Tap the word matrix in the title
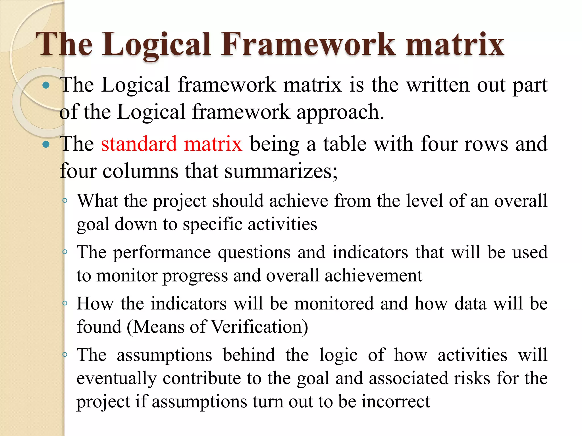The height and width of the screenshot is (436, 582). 455,44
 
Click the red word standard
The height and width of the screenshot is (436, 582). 139,144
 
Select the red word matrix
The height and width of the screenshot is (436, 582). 213,144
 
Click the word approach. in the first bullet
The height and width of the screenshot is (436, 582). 340,112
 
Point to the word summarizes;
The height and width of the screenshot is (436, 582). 281,171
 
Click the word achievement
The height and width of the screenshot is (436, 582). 373,276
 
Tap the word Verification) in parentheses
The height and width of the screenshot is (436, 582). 260,327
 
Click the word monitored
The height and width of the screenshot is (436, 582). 334,304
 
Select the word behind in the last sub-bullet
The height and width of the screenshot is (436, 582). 249,355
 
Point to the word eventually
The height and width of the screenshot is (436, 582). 117,379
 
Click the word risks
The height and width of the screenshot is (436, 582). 472,379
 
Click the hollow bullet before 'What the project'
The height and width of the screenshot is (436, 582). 65,201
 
